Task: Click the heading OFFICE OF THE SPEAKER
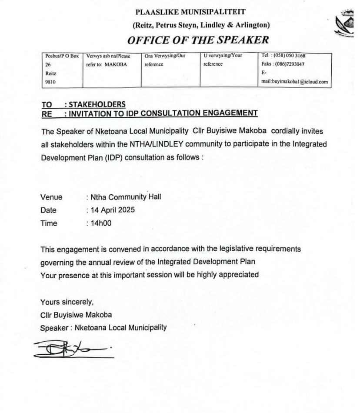point(198,40)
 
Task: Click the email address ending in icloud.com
point(294,81)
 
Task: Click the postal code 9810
point(51,82)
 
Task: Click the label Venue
point(51,197)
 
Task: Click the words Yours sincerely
point(67,302)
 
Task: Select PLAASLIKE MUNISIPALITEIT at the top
point(191,12)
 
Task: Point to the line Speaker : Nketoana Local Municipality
point(103,327)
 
